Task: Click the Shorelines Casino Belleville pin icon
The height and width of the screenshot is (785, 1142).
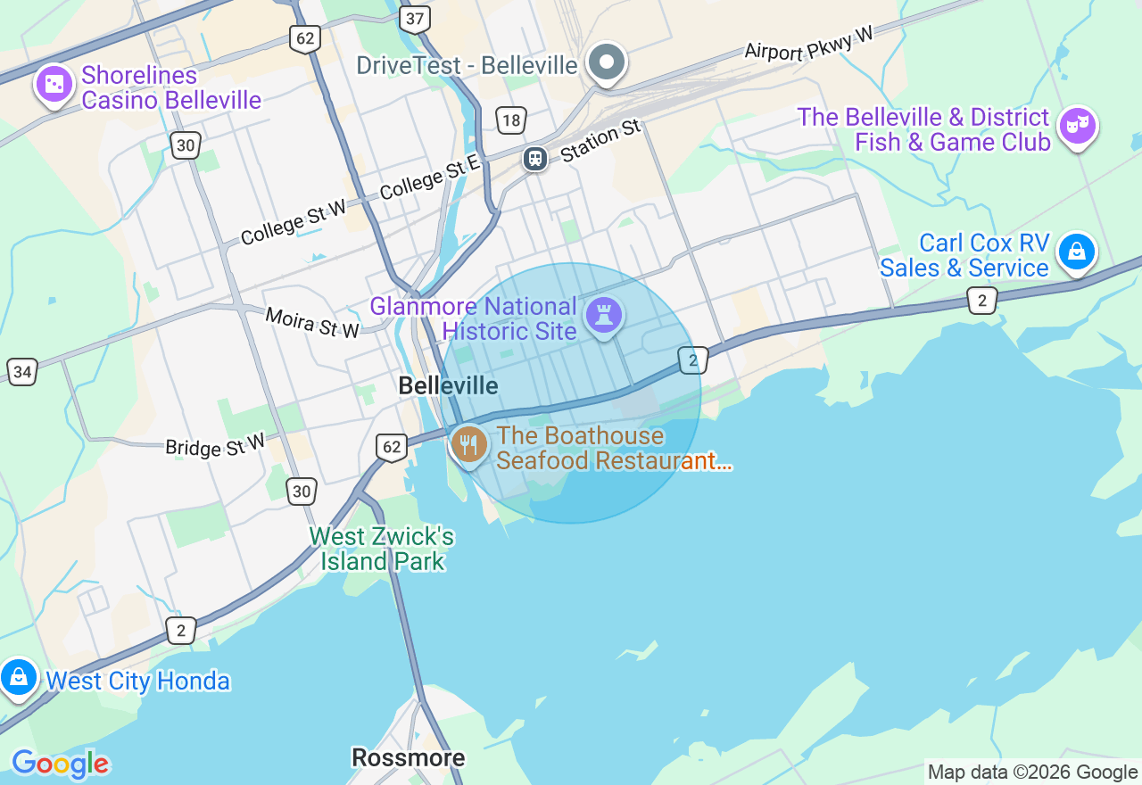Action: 54,85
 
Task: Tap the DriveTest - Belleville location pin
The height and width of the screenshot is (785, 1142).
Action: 608,63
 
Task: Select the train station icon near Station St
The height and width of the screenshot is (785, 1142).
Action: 535,159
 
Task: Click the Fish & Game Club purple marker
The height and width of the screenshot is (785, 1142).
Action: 1077,127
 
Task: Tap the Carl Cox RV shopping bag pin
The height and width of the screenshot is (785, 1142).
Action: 1077,252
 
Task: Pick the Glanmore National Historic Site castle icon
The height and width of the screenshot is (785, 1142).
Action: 604,316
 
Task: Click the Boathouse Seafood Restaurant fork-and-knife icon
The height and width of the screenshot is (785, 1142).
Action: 468,444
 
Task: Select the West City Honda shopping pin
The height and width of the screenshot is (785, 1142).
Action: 19,678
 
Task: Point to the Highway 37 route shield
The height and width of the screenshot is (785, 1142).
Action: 415,19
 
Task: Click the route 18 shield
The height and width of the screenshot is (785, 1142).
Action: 511,120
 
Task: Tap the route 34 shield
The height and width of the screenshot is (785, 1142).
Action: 21,371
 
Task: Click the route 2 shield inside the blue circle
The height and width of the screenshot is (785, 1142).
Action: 692,359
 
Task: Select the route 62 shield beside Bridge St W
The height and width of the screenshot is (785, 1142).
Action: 392,447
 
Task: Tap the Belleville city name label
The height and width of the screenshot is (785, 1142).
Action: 448,385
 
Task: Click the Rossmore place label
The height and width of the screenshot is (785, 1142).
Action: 408,757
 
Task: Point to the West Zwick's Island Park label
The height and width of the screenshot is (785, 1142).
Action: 381,549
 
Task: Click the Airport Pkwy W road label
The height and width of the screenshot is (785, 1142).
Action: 808,44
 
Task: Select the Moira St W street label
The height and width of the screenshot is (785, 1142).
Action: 312,322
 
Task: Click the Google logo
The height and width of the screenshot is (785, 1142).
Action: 60,764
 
